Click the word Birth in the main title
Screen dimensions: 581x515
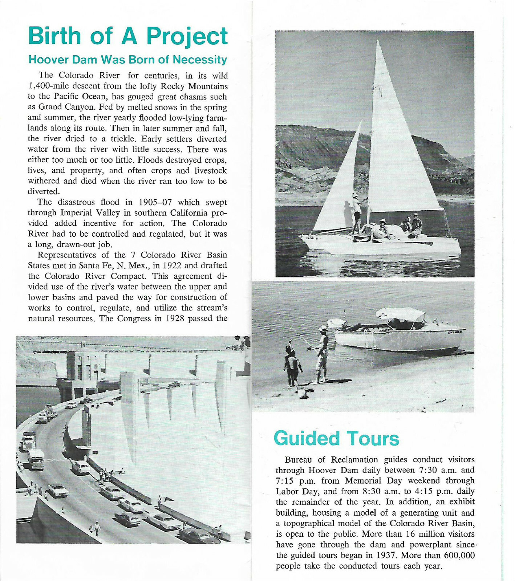click(54, 36)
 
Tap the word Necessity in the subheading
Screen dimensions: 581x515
click(200, 60)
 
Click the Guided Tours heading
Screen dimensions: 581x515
click(336, 438)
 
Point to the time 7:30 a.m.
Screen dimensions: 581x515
click(439, 470)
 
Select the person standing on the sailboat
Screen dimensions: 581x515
click(358, 212)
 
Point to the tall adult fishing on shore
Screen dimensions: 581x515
click(322, 354)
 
